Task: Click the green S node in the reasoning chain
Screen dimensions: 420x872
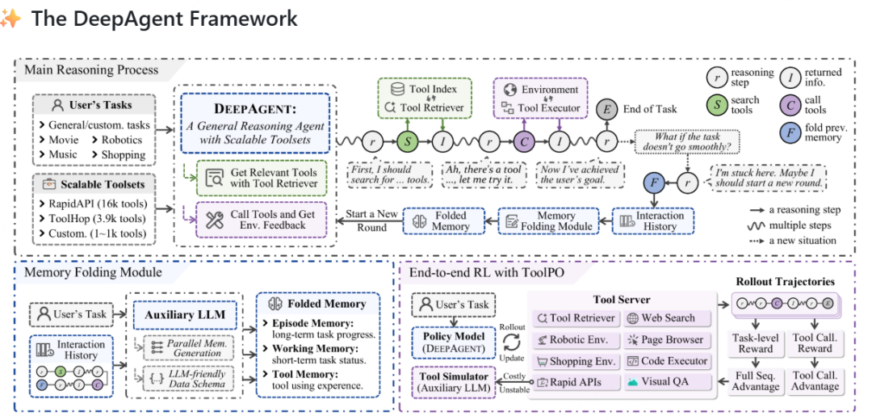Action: click(x=408, y=141)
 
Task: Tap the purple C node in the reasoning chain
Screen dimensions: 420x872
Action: click(x=524, y=141)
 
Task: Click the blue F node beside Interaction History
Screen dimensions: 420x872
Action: click(x=653, y=182)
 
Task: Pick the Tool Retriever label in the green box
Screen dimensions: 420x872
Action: click(x=432, y=107)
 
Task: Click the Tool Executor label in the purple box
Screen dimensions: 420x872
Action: click(x=548, y=107)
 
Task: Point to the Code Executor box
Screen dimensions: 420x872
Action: click(x=668, y=361)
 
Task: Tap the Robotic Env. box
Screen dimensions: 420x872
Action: click(x=576, y=340)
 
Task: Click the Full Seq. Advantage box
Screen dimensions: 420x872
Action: click(x=756, y=380)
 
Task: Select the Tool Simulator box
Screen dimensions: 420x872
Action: click(x=455, y=383)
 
